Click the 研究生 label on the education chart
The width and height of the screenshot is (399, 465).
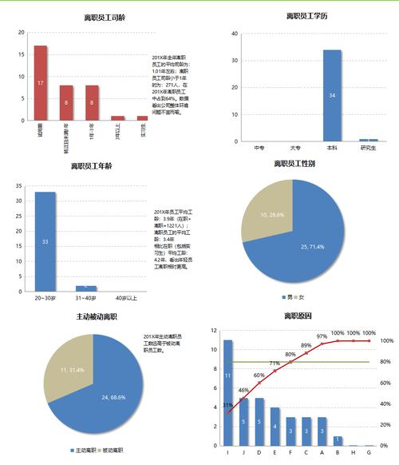tap(368, 148)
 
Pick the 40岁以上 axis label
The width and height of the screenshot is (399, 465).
tap(125, 298)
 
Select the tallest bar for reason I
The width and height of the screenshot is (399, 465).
tap(228, 392)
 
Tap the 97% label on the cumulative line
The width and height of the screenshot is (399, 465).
tap(322, 336)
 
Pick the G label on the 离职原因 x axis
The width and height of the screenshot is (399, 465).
tap(369, 452)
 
